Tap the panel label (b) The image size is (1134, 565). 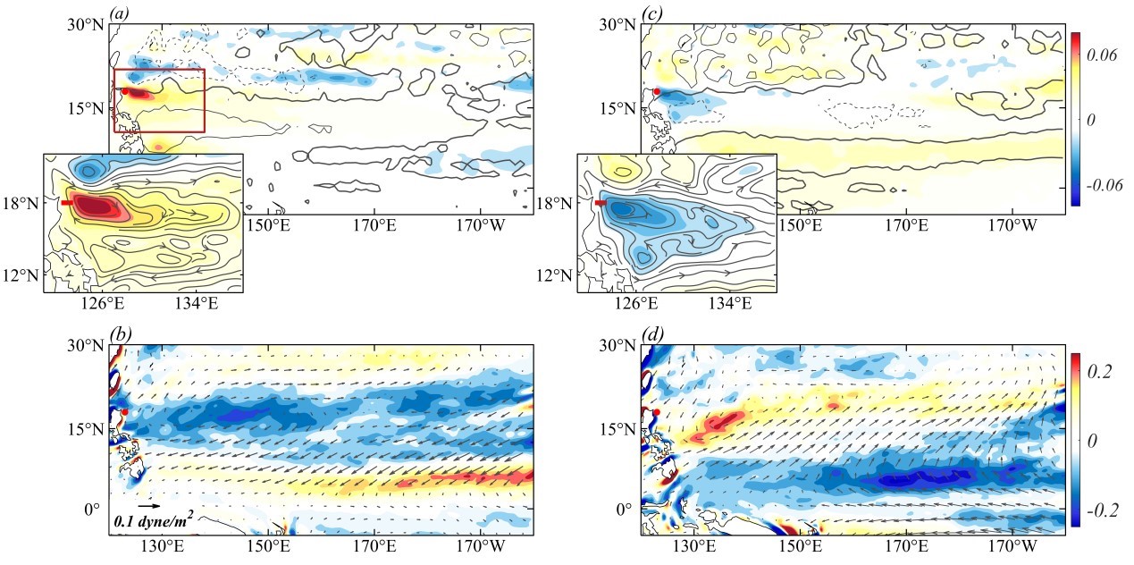coord(120,335)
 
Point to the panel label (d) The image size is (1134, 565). coord(652,335)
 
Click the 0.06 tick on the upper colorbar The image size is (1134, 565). coord(1101,55)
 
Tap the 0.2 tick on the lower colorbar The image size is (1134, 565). coord(1101,374)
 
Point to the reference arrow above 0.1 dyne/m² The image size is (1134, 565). coord(149,506)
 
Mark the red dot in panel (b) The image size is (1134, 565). coord(124,412)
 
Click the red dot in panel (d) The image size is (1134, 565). coord(657,412)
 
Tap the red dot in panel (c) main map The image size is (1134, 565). coord(657,91)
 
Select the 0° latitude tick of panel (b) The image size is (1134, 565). coord(92,510)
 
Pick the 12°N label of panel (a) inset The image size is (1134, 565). coord(21,274)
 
